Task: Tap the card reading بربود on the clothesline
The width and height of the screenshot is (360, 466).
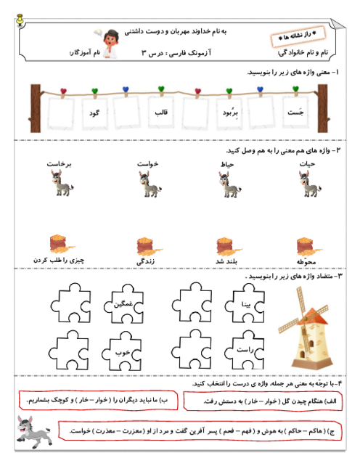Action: [x=226, y=113]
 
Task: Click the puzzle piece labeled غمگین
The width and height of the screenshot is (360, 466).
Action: [x=121, y=304]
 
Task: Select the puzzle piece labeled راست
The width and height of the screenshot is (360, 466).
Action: [x=244, y=351]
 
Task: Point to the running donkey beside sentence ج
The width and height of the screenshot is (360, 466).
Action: [x=33, y=430]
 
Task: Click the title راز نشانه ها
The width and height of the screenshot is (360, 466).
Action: [x=298, y=36]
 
